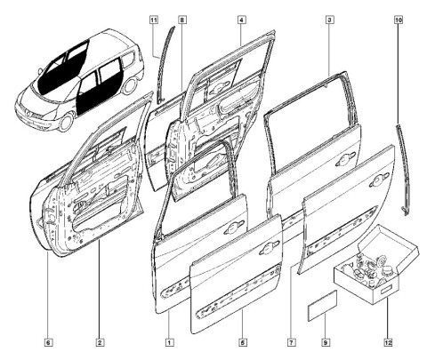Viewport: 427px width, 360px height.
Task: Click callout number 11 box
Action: [154, 20]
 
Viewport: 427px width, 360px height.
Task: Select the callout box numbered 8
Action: [182, 20]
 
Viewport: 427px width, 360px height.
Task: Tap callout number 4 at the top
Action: [242, 20]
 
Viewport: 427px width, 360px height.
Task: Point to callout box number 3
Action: [329, 20]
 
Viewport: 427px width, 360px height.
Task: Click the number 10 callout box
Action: [399, 20]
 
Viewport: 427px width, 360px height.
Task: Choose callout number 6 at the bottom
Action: [49, 342]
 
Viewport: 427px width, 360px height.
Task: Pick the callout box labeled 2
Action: [100, 342]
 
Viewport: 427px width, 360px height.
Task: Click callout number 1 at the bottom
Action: [169, 342]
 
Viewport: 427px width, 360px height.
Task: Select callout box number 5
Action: [243, 342]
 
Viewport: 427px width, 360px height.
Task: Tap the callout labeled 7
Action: [292, 342]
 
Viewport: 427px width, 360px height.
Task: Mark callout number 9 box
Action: [326, 342]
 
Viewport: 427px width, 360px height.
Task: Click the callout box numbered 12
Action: [388, 342]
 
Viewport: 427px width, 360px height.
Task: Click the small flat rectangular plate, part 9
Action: [322, 305]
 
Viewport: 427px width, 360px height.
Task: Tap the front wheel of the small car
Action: [67, 122]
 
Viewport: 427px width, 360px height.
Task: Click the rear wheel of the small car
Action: [130, 85]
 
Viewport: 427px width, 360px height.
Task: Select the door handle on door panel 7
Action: [379, 180]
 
